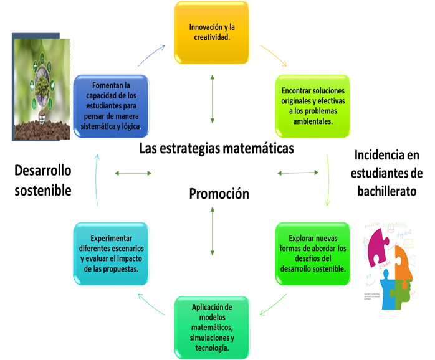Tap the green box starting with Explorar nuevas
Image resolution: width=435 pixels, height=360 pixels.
312,253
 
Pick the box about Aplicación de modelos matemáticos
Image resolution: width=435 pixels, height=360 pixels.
212,326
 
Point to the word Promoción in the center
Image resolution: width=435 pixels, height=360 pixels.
219,194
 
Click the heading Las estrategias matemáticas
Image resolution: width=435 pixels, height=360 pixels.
216,149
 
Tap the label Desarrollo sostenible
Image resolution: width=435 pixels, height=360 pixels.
43,180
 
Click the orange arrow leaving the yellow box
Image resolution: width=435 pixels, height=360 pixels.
274,55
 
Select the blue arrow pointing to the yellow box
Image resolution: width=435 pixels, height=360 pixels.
151,55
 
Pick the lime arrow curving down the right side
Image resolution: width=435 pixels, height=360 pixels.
326,180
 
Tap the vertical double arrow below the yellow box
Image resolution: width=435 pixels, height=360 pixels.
213,98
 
